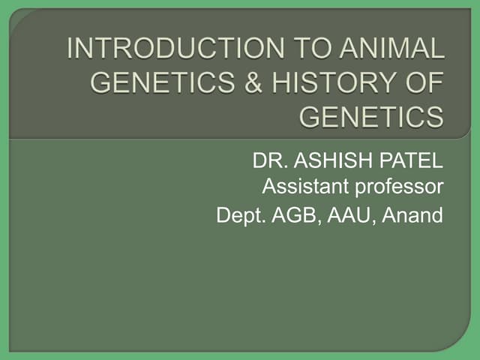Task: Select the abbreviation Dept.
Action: coord(238,216)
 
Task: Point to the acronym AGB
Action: coord(292,215)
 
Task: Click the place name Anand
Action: coord(413,215)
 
